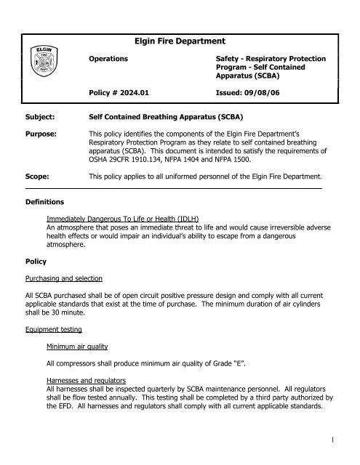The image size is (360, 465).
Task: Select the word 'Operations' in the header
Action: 108,57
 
